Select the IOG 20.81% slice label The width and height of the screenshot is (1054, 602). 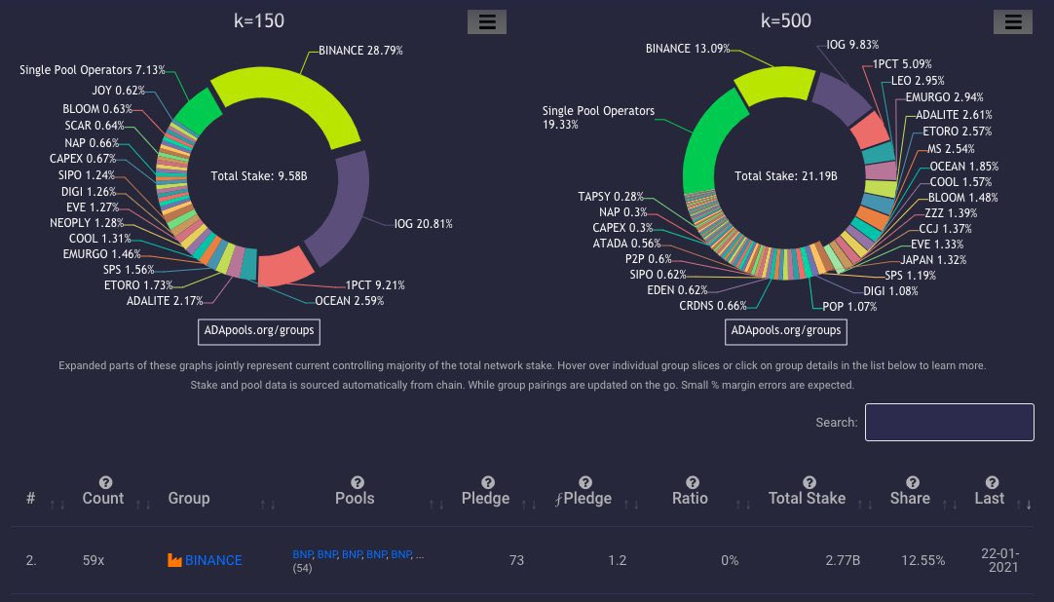coord(423,224)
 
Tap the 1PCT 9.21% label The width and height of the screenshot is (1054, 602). coord(375,285)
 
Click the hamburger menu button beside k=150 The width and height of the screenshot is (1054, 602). coord(487,22)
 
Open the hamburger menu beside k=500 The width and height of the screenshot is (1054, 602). coord(1013,22)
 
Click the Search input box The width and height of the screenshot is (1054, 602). coord(949,422)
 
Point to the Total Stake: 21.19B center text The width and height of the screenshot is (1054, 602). coord(785,176)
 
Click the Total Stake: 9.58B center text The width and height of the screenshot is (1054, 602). coord(259,176)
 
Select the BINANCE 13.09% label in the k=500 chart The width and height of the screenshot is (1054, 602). coord(688,48)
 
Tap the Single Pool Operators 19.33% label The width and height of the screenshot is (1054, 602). coord(598,118)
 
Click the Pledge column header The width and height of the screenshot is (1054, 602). coord(485,498)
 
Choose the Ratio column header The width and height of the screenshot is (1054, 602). coord(691,498)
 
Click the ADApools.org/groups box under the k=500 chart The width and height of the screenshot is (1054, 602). coord(785,331)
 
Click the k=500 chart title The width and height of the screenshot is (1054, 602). coord(785,20)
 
